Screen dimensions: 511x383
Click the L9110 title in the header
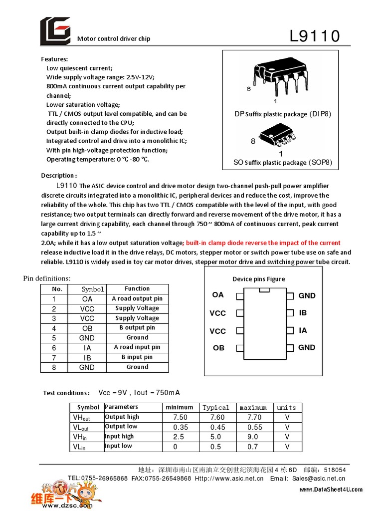(x=315, y=36)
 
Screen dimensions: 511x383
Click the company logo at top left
(x=55, y=31)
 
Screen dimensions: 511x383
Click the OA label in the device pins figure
(x=218, y=295)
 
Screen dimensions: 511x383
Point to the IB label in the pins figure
(x=303, y=313)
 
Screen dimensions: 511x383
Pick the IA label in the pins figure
(x=303, y=330)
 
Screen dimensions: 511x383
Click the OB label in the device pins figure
(x=218, y=348)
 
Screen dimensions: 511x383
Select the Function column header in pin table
(x=137, y=289)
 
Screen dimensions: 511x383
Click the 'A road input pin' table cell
(x=137, y=347)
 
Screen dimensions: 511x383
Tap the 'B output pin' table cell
(x=137, y=328)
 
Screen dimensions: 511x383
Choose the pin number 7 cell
(x=54, y=357)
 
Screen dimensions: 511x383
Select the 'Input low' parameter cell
(x=119, y=446)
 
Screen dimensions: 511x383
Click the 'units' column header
(x=286, y=408)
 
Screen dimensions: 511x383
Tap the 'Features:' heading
(x=54, y=59)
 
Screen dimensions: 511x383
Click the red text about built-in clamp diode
(x=263, y=243)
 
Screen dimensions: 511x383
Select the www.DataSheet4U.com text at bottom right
(x=331, y=490)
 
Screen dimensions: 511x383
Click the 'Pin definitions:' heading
(x=47, y=278)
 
